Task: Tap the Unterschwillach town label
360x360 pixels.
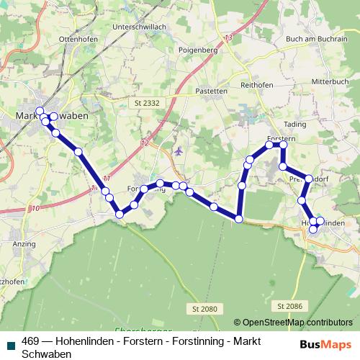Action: pyautogui.click(x=139, y=27)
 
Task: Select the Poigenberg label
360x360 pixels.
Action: pyautogui.click(x=197, y=51)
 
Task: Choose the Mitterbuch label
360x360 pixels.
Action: pyautogui.click(x=330, y=81)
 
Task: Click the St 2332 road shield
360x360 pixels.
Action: pyautogui.click(x=147, y=104)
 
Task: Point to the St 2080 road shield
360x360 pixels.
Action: pyautogui.click(x=204, y=309)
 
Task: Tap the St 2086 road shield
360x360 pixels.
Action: pyautogui.click(x=291, y=306)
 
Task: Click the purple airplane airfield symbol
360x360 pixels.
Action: pyautogui.click(x=179, y=151)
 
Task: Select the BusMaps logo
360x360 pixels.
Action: pyautogui.click(x=326, y=344)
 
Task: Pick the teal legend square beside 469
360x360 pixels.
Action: pyautogui.click(x=10, y=341)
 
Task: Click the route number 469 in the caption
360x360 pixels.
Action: pyautogui.click(x=31, y=341)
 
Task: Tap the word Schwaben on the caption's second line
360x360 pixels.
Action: pyautogui.click(x=47, y=354)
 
